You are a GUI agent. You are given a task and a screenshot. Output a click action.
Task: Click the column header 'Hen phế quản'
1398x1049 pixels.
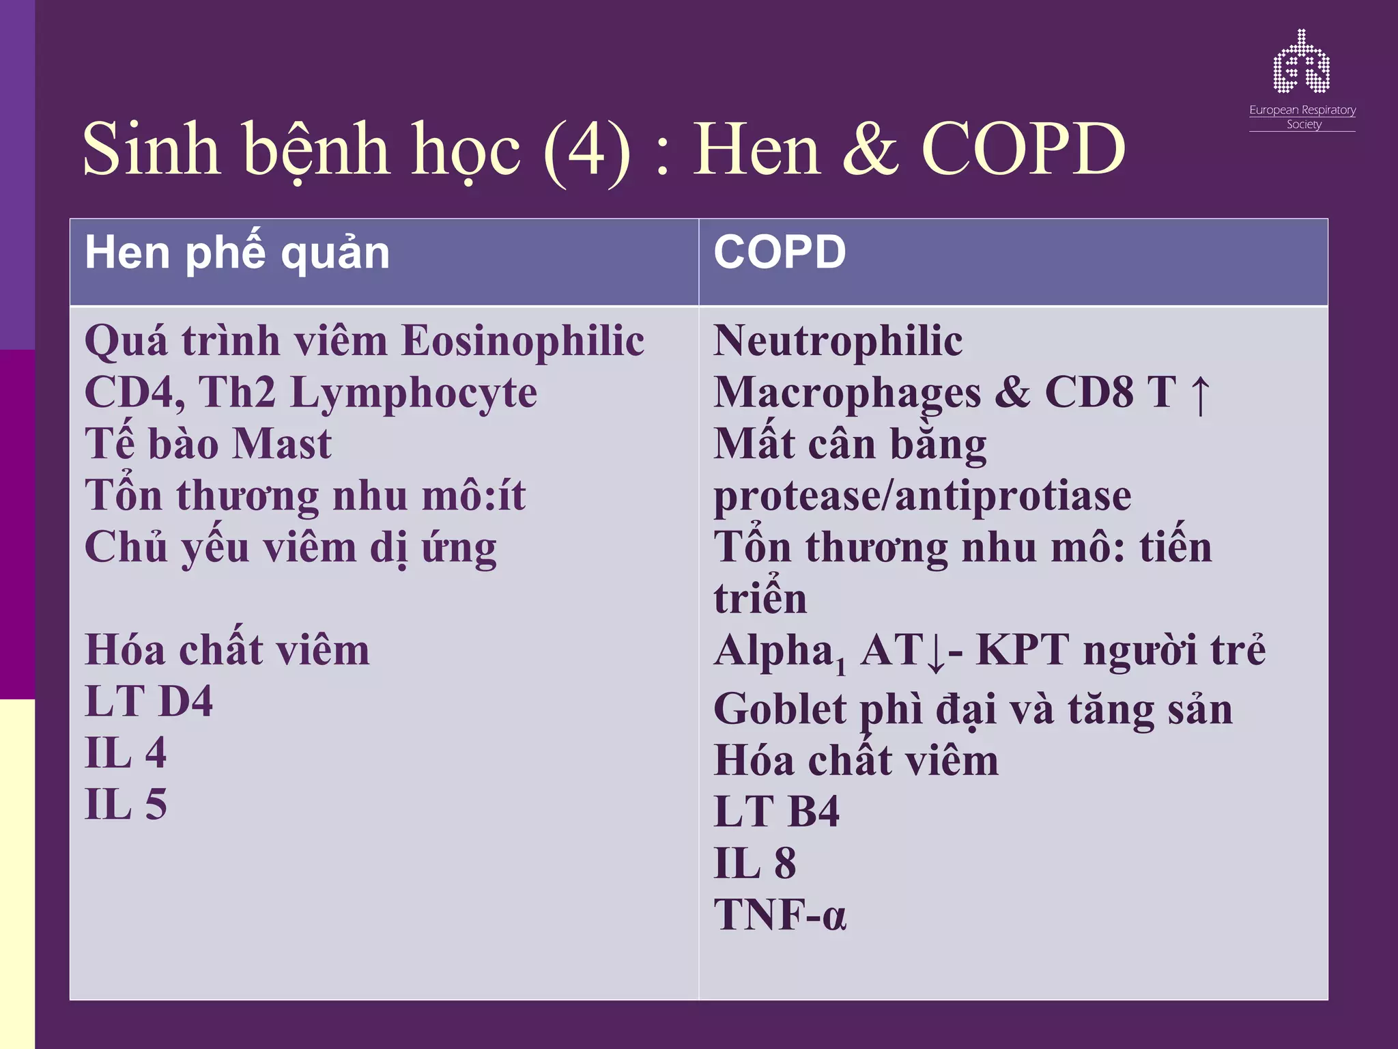[x=237, y=253]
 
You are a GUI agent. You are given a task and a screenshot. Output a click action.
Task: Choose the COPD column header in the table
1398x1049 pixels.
[x=780, y=252]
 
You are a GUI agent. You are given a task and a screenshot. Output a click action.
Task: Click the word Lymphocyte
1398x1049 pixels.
[x=414, y=393]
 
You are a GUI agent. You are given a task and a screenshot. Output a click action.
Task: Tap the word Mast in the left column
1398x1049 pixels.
[x=281, y=445]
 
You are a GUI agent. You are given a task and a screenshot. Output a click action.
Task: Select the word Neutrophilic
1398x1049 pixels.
[x=838, y=341]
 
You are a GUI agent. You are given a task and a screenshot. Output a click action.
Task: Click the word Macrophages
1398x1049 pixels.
[x=846, y=393]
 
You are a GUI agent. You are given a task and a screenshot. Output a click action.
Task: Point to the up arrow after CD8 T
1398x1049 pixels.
[x=1199, y=395]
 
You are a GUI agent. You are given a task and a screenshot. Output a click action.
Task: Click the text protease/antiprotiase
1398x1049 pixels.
[x=922, y=496]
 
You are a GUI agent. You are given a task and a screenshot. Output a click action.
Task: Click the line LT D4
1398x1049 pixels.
[x=148, y=701]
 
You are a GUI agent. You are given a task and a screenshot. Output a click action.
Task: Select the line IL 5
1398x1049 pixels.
[x=126, y=805]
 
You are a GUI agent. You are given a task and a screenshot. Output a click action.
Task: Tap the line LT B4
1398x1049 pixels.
[x=776, y=812]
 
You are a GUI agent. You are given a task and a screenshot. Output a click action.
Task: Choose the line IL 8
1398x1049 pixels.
[x=754, y=863]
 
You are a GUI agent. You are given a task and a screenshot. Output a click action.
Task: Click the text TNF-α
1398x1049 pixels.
[x=780, y=915]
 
